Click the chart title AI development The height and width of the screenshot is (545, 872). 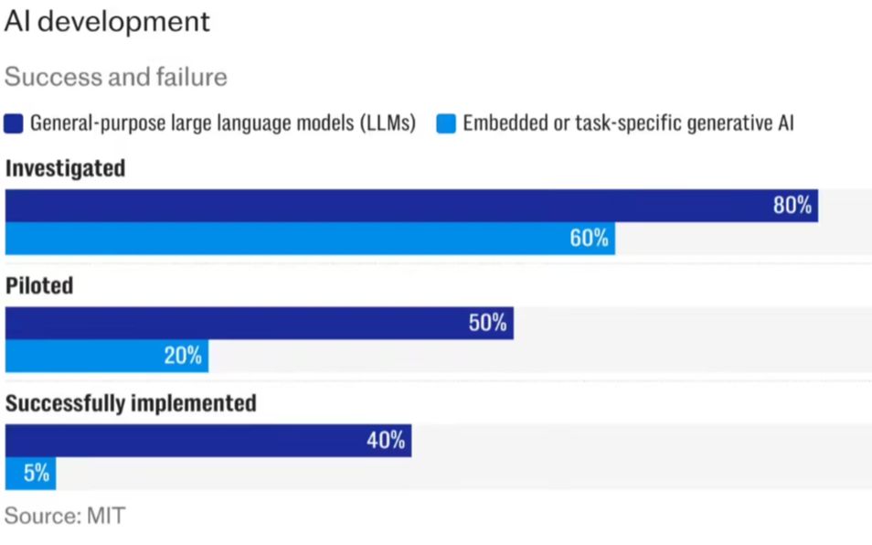click(107, 22)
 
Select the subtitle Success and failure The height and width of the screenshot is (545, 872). click(116, 77)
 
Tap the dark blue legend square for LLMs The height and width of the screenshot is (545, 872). click(14, 123)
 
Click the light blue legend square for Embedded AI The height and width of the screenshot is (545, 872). click(446, 123)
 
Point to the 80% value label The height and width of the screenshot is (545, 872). click(792, 206)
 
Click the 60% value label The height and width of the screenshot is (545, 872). click(589, 239)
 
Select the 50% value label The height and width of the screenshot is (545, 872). click(487, 323)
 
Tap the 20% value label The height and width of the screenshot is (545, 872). click(183, 356)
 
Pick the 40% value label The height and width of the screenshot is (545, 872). click(385, 440)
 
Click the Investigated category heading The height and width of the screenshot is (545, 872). click(65, 169)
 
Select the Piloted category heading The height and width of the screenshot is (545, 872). click(39, 286)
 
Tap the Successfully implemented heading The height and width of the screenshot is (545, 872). click(131, 403)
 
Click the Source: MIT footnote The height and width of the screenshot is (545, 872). click(64, 516)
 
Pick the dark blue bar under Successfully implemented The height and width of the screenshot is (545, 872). click(183, 440)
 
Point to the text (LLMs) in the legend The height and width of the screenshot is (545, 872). click(386, 123)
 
